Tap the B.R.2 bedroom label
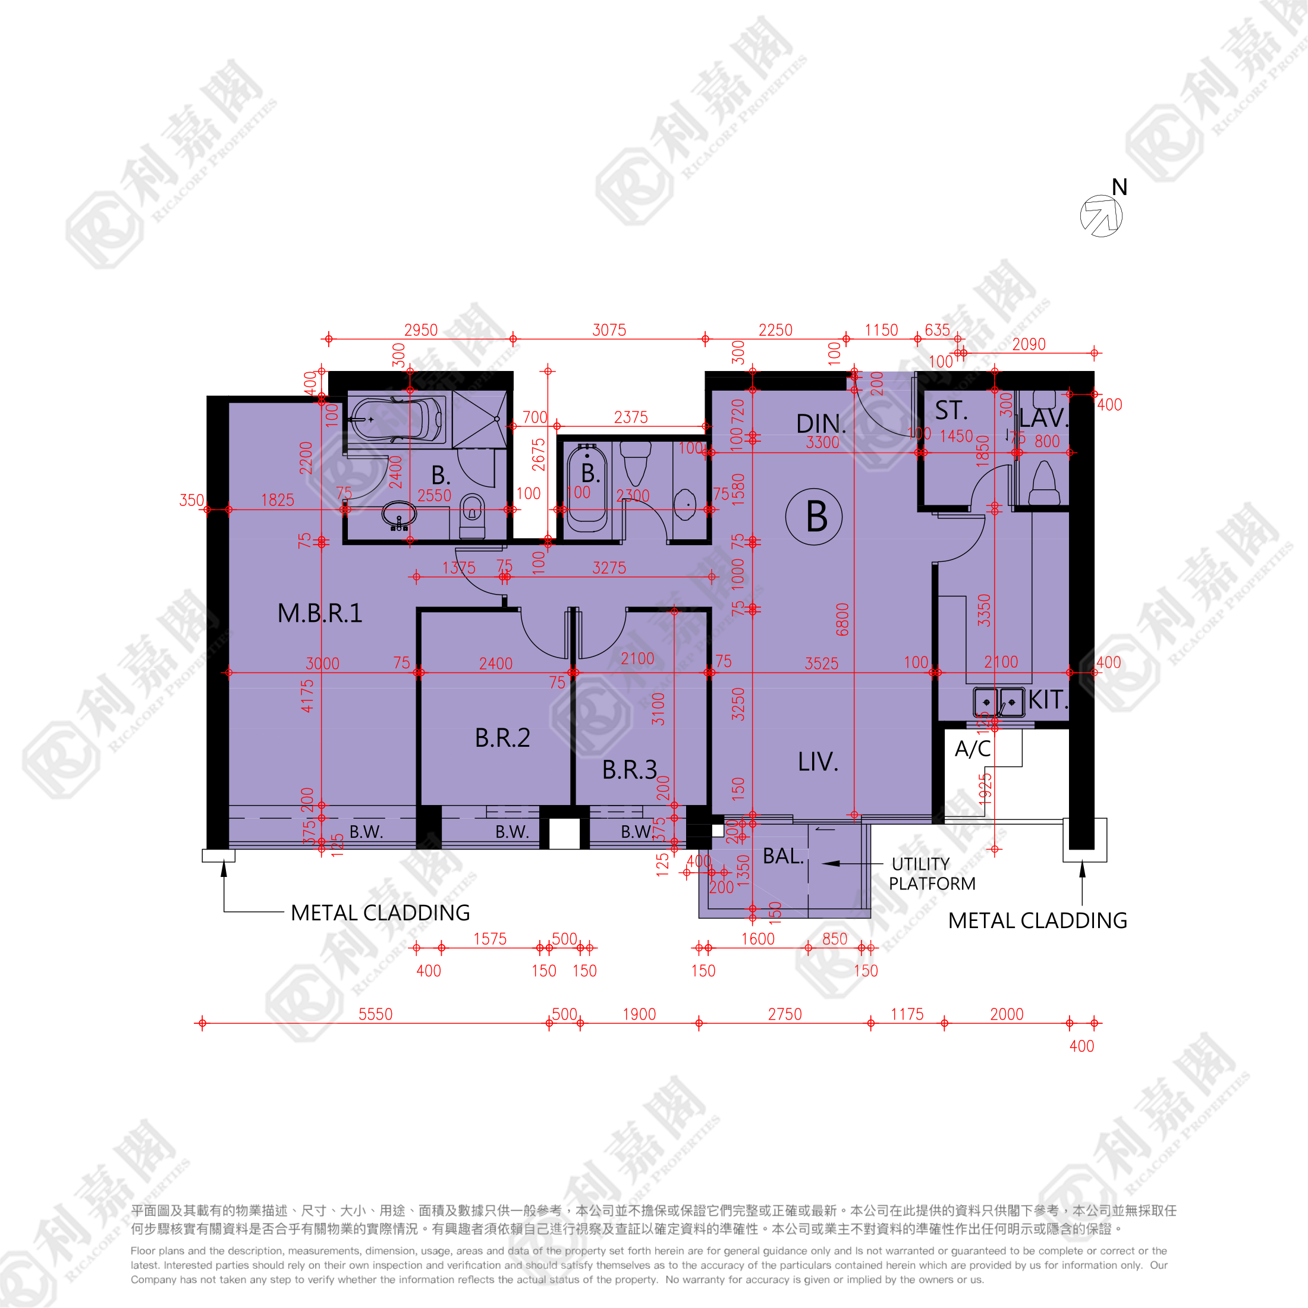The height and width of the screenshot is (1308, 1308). tap(502, 738)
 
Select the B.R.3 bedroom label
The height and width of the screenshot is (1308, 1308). tap(629, 770)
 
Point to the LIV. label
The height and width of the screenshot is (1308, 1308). tap(818, 762)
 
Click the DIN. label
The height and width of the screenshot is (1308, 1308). tap(820, 424)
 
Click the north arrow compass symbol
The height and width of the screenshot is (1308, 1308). tap(1101, 216)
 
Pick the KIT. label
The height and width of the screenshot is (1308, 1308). tap(1048, 700)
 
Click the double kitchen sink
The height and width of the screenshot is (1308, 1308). tap(998, 702)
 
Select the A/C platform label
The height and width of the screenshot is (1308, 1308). tap(972, 749)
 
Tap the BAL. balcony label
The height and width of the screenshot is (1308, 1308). tap(782, 856)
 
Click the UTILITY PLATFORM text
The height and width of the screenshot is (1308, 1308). tap(932, 874)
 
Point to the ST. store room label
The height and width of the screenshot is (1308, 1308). tap(951, 411)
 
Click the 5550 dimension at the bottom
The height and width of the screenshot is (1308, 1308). tap(375, 1014)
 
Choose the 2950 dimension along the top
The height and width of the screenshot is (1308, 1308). tap(420, 331)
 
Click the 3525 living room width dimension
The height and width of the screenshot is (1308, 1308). tap(821, 664)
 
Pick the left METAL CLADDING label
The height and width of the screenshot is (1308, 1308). tap(380, 913)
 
